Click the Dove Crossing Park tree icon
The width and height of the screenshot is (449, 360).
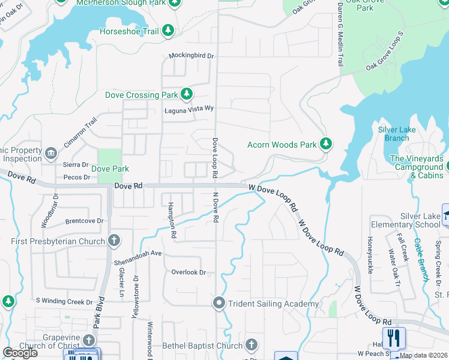coord(187,94)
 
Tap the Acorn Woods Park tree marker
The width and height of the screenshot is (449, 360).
coord(326,144)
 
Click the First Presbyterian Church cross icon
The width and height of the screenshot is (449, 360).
coord(114,241)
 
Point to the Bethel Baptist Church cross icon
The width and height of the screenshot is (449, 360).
coord(252,345)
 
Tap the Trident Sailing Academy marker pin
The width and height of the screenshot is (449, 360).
coord(219,304)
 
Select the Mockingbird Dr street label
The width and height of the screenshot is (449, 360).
coord(191,56)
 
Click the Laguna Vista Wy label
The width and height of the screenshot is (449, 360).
coord(189,110)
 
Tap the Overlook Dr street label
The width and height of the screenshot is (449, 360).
coord(188,272)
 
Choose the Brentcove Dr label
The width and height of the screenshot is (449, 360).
coord(84,221)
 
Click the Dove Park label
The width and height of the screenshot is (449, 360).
coord(110,169)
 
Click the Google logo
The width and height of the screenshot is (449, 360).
coord(20,353)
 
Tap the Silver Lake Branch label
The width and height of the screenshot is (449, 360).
coord(397,134)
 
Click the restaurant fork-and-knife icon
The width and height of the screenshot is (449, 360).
coord(394,338)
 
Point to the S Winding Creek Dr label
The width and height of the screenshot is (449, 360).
coord(63,301)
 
